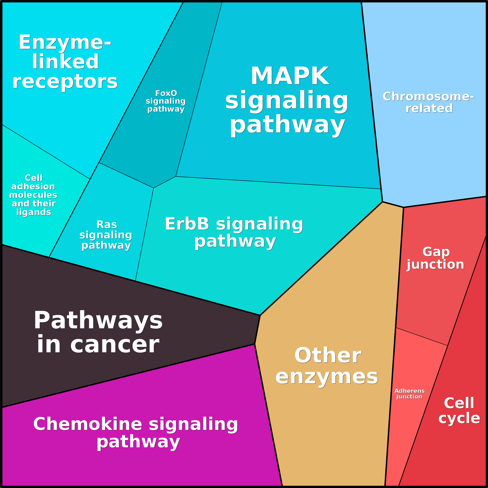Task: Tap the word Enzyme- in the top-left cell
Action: pos(65,42)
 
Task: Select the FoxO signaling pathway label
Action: pos(166,101)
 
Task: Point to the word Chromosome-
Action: pos(428,97)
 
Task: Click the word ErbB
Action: pos(187,224)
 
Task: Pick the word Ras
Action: pos(107,225)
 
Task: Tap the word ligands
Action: pos(34,212)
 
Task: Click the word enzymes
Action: pos(327,377)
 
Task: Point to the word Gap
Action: pos(436,252)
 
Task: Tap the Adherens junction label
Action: pos(410,394)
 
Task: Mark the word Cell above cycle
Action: pos(459,403)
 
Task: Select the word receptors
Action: pos(65,82)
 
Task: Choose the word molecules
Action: pos(33,195)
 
